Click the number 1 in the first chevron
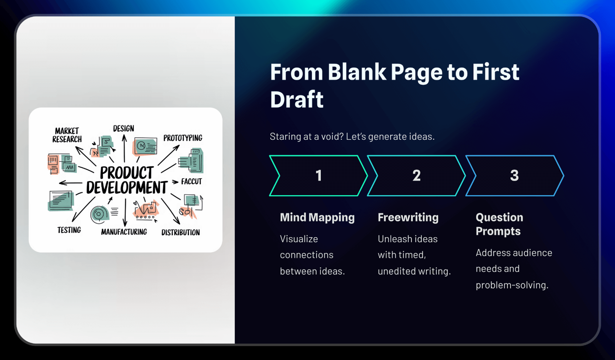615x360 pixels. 319,176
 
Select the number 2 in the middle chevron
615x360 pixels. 417,176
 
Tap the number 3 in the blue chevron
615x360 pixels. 514,176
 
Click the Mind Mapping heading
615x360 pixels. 317,218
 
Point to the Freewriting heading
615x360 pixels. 408,218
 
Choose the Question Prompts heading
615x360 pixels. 499,224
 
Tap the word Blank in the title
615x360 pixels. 357,72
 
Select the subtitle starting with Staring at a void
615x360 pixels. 352,136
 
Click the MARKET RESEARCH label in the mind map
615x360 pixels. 67,135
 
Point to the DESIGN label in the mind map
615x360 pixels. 124,129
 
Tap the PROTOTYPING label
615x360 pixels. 183,138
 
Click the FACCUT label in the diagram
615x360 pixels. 192,181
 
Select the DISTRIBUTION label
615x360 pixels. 181,233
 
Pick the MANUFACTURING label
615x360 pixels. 124,232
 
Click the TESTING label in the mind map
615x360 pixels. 69,230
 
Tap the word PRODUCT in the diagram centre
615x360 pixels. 127,173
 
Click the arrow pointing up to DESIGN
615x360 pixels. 124,148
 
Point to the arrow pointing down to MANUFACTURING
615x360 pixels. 125,213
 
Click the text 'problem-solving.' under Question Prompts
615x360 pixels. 512,285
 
